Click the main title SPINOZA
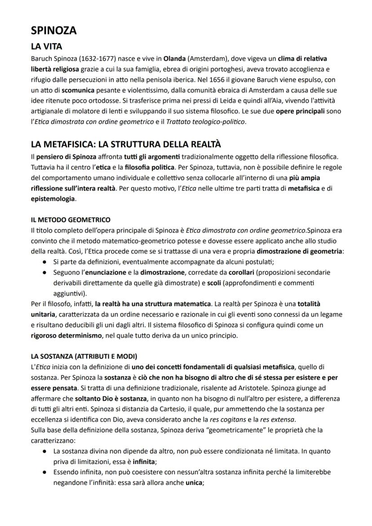coord(54,31)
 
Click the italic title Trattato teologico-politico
coord(213,121)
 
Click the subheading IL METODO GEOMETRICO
coord(71,220)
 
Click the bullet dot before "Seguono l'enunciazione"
coord(45,272)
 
